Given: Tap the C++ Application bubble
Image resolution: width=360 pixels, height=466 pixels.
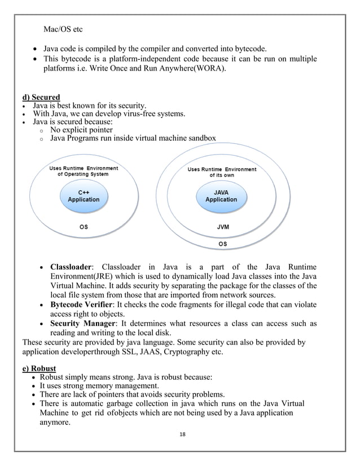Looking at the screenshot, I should [x=84, y=196].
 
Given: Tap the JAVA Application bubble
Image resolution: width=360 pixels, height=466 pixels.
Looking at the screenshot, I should [x=221, y=196].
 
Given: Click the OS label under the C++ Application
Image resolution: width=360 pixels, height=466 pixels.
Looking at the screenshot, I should [x=83, y=228].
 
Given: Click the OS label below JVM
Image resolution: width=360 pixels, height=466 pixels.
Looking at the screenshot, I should [x=222, y=244].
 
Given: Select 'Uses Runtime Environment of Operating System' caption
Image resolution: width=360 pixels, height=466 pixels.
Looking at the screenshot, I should [x=84, y=170].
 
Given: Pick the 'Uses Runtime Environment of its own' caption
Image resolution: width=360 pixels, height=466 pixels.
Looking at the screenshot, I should [x=221, y=172].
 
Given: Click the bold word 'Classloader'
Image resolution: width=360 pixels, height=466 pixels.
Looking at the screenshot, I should [x=71, y=267].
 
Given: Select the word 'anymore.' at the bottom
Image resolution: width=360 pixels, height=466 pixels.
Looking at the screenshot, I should [x=65, y=423].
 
